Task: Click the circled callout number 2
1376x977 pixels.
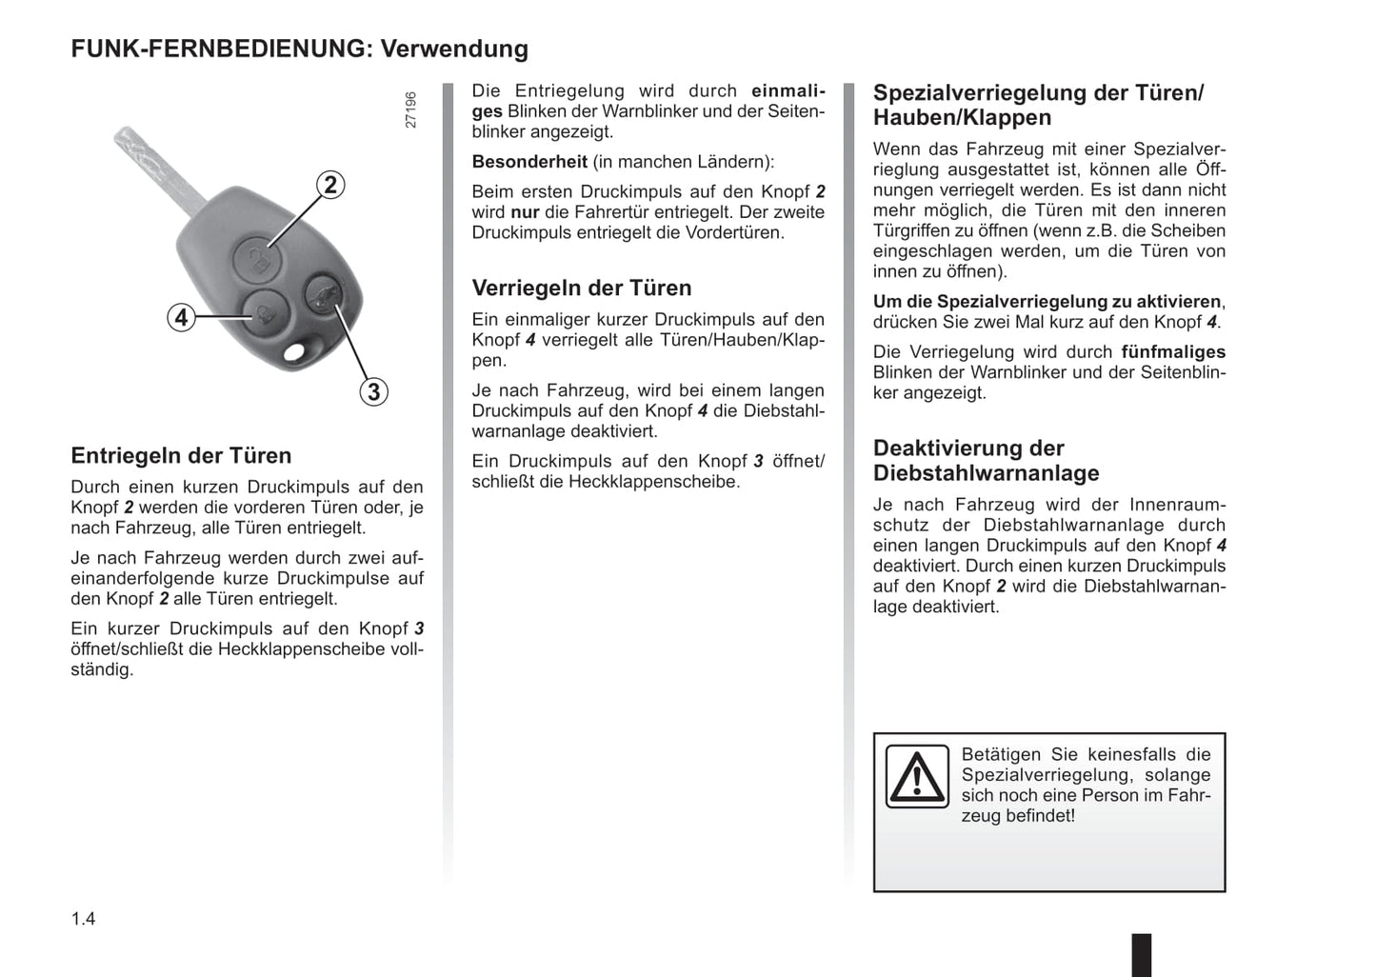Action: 329,184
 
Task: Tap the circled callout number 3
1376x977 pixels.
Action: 373,391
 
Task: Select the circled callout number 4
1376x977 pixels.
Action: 181,317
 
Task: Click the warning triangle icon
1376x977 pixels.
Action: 917,776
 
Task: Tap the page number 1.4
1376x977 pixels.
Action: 83,919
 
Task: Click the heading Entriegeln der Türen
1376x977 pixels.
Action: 181,455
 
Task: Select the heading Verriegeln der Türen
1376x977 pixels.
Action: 582,288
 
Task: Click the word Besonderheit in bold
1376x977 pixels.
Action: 529,162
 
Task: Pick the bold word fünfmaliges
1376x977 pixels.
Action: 1173,351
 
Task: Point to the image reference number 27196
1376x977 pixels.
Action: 410,110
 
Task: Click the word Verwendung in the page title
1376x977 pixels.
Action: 454,49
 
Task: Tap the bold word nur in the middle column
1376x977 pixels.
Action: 525,212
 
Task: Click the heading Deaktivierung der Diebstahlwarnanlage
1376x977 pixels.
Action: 986,461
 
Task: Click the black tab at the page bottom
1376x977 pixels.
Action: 1141,954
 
